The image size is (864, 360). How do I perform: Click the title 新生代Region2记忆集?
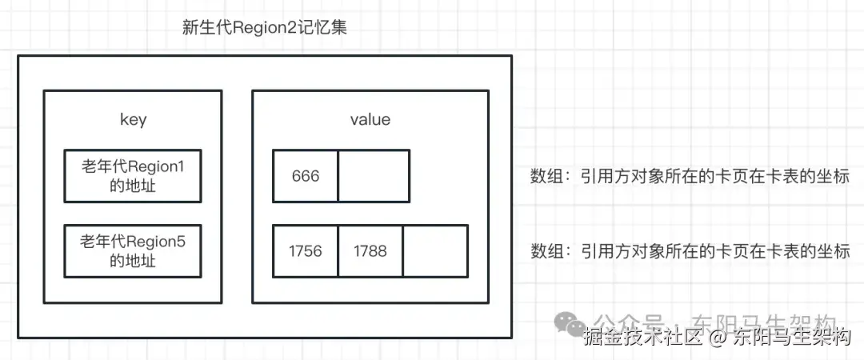coord(264,27)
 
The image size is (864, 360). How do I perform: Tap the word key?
coord(133,119)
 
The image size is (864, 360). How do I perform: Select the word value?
coord(370,119)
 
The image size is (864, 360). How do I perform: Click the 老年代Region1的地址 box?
coord(133,175)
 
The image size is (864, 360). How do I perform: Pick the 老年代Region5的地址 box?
coord(133,250)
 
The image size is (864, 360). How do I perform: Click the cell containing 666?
coord(306,176)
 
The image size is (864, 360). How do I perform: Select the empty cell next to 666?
coord(374,176)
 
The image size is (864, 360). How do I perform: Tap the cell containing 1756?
coord(306,251)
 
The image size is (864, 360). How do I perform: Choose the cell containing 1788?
coord(370,251)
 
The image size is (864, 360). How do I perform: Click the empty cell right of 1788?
coord(435,251)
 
